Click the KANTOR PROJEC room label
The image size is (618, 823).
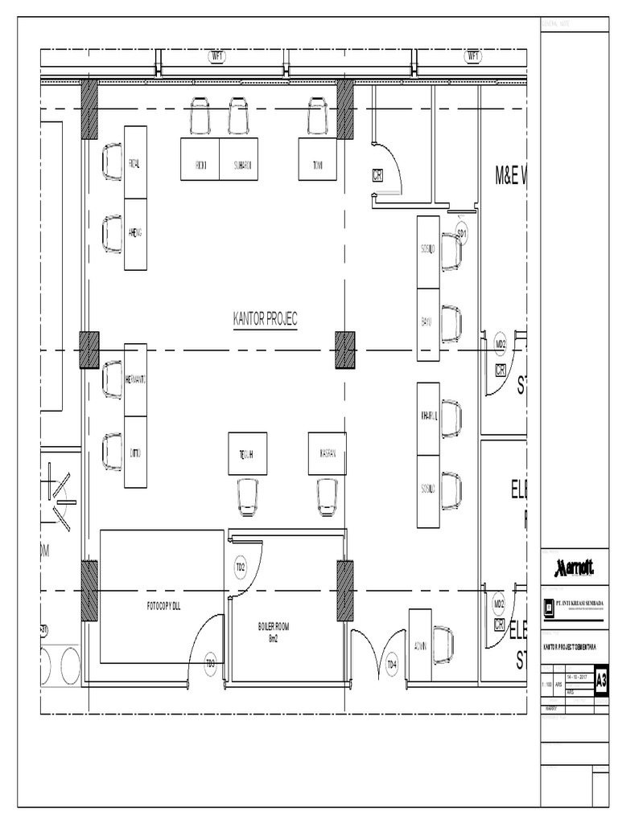tap(265, 320)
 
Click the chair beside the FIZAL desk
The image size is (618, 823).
tap(112, 162)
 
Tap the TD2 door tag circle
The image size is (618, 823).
tap(240, 567)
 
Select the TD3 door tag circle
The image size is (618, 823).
tap(211, 664)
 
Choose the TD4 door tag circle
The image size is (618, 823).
tap(392, 664)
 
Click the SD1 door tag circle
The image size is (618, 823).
tap(462, 233)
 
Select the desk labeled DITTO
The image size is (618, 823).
tap(135, 452)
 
